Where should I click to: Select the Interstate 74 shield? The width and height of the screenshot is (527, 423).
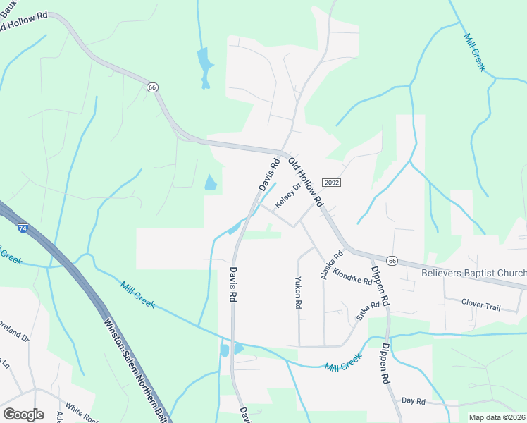pyautogui.click(x=23, y=228)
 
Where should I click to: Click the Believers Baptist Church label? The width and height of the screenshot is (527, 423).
pyautogui.click(x=473, y=274)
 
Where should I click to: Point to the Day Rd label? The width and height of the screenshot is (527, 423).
pyautogui.click(x=414, y=401)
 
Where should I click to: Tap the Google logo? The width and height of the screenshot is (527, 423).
pyautogui.click(x=23, y=415)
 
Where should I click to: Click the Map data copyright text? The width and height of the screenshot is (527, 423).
pyautogui.click(x=497, y=417)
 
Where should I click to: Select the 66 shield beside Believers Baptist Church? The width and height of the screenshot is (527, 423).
pyautogui.click(x=392, y=260)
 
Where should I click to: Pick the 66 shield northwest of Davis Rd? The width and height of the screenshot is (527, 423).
pyautogui.click(x=153, y=87)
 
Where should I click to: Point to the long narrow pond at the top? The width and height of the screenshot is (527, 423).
pyautogui.click(x=204, y=67)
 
